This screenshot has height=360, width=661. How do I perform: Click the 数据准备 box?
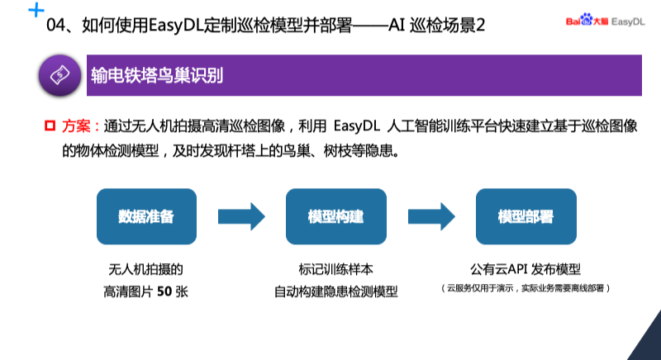[x=146, y=216]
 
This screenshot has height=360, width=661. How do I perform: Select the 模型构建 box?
[x=335, y=216]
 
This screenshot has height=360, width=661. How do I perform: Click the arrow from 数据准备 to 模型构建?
[x=240, y=216]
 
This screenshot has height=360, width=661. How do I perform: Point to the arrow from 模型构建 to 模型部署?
[x=430, y=216]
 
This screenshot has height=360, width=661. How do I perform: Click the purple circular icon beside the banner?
[x=60, y=75]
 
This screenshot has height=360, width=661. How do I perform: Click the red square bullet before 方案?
[x=49, y=126]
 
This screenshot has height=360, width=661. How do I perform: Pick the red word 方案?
[x=78, y=126]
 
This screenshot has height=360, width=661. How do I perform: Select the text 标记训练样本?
[x=335, y=270]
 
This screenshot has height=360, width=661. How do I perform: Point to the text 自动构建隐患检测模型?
[x=335, y=291]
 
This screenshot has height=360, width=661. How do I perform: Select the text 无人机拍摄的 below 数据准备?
[x=146, y=270]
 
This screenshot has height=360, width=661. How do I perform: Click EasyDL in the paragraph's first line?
[x=358, y=126]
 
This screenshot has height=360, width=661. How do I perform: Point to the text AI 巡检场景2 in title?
[x=437, y=26]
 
